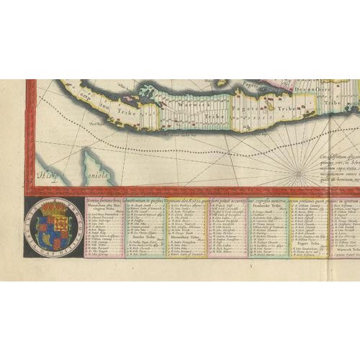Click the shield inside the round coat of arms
point(55,227)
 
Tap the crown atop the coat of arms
point(55,210)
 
